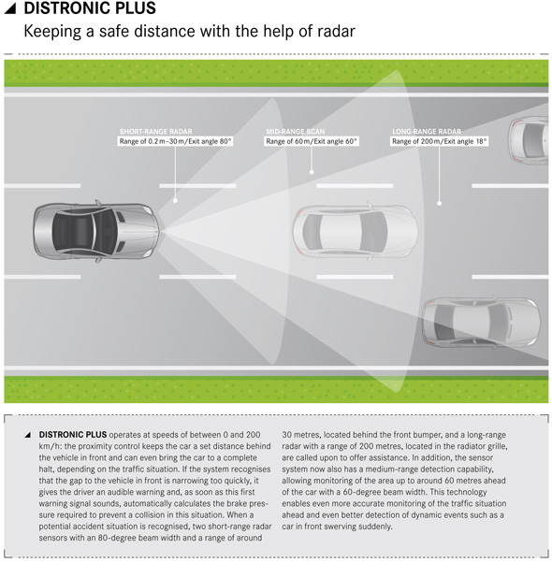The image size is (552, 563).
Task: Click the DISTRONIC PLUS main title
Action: click(90, 7)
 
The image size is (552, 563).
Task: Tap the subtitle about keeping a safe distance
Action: click(189, 31)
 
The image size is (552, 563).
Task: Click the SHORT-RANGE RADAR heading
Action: click(156, 132)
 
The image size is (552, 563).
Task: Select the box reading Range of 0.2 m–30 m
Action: click(175, 141)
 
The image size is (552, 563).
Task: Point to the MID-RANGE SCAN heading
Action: click(296, 132)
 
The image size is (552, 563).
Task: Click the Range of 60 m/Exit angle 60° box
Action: click(312, 141)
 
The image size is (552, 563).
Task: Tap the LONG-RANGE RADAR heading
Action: click(427, 132)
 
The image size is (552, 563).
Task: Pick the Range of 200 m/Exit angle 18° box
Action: click(439, 141)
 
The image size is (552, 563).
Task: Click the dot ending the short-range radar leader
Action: click(175, 200)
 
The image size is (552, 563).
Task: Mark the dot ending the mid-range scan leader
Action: click(312, 172)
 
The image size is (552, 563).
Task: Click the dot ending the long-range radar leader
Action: click(439, 203)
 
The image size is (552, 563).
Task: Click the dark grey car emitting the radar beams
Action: click(95, 231)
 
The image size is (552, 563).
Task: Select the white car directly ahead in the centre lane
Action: click(356, 231)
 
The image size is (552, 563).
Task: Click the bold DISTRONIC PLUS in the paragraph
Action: click(73, 435)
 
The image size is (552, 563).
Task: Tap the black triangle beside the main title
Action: click(11, 8)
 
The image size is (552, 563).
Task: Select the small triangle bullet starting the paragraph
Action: click(28, 435)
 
